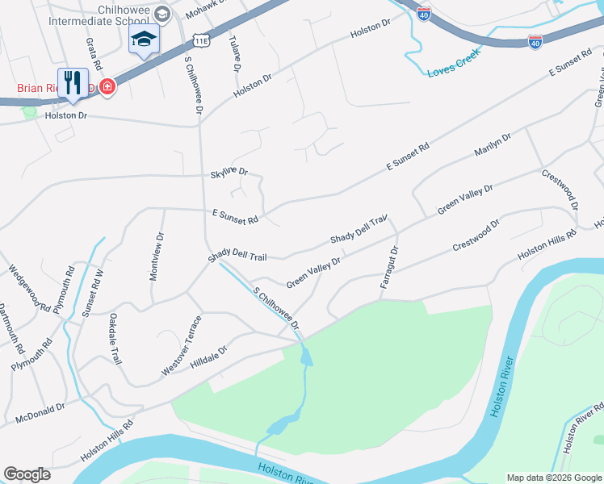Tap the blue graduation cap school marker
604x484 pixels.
[145, 40]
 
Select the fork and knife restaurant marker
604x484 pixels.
[73, 83]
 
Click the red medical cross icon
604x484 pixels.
[107, 86]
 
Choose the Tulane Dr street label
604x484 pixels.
[235, 51]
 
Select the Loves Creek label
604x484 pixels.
[454, 62]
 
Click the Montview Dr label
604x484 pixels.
[157, 257]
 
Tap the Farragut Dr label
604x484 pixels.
[389, 268]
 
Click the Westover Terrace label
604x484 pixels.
[182, 345]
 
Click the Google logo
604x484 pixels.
[27, 474]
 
